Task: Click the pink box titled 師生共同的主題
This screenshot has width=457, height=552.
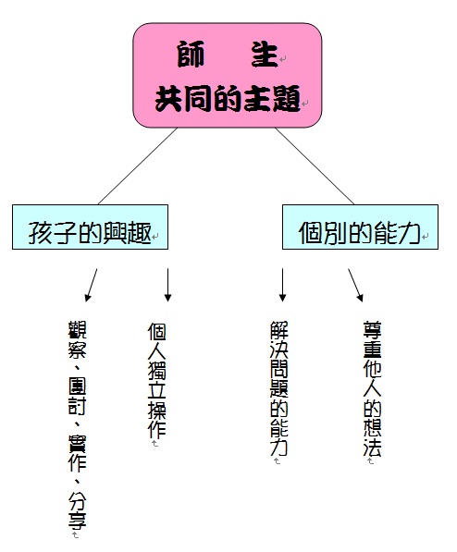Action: [228, 75]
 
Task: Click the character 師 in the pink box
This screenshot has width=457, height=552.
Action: [191, 54]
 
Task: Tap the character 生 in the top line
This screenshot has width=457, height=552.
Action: [264, 54]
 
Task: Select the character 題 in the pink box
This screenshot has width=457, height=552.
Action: [287, 99]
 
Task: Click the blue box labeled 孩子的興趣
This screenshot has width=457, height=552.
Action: [91, 227]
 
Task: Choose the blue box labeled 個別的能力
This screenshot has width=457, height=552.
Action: [360, 227]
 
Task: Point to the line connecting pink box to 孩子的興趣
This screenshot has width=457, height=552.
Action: [138, 166]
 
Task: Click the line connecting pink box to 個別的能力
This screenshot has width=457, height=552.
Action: [315, 166]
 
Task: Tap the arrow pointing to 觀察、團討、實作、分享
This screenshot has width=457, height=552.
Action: [91, 285]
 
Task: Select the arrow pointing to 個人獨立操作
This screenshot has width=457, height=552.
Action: [167, 285]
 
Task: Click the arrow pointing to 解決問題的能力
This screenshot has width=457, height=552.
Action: [282, 285]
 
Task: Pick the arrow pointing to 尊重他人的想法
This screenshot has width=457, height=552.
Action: [355, 285]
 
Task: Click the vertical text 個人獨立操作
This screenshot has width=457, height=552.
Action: [156, 380]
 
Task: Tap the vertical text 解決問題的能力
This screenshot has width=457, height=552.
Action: [279, 388]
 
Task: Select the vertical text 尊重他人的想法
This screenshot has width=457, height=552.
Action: [373, 388]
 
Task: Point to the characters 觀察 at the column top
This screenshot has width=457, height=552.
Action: [77, 339]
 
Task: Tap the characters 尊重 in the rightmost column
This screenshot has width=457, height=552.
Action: [373, 339]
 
